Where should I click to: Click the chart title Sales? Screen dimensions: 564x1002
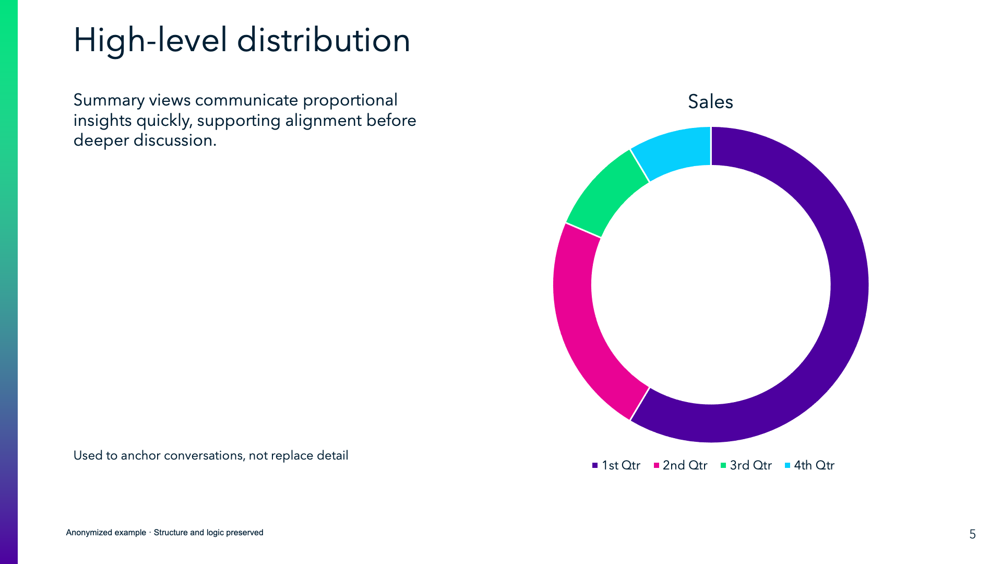pos(710,101)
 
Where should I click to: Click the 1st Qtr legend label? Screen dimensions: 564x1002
pos(621,465)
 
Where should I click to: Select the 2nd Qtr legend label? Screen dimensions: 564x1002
pos(685,465)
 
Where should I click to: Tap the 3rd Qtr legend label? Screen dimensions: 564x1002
pos(750,465)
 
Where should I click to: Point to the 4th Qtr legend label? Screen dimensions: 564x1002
pos(814,465)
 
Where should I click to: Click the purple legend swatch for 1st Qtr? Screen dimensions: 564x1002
pos(595,465)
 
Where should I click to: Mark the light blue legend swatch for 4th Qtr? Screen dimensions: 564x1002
pos(788,465)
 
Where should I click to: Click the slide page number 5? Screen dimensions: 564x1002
pos(972,534)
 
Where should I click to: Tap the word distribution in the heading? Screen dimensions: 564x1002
pos(324,41)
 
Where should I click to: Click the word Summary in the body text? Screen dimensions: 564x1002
pos(109,100)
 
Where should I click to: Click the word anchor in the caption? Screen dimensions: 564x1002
pos(141,455)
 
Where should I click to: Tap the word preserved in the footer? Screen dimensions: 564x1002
pos(244,533)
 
